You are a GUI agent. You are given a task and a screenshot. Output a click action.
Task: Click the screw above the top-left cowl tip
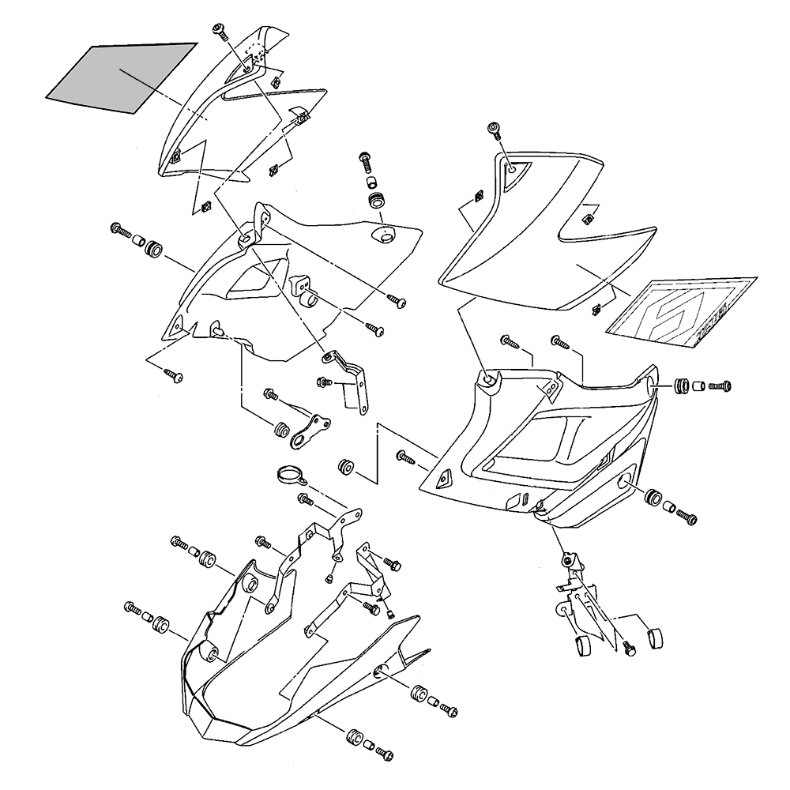point(220,31)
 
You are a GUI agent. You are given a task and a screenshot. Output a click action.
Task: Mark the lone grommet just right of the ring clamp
point(344,466)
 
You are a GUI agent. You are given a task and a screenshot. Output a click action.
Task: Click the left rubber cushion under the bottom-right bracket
point(583,645)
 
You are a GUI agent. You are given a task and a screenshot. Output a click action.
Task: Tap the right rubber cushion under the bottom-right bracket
point(653,637)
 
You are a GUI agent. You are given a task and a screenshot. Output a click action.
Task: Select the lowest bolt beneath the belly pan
point(384,750)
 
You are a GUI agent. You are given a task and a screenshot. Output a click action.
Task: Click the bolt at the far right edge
point(721,386)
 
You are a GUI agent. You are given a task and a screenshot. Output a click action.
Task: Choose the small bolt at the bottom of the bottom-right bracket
point(630,647)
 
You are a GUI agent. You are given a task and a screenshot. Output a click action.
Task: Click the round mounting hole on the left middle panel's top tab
point(245,236)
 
